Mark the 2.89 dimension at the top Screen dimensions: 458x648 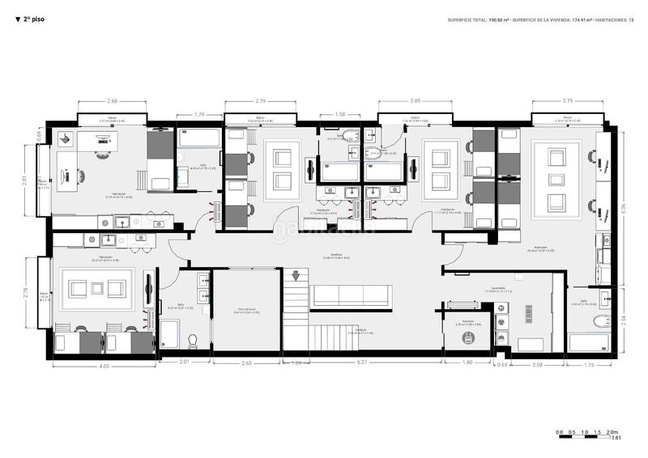(416, 101)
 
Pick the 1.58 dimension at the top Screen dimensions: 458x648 (340, 114)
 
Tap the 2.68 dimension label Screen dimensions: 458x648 (113, 101)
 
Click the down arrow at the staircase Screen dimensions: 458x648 (296, 276)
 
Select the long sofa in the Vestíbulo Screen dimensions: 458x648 (352, 295)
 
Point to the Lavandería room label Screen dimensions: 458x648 (498, 288)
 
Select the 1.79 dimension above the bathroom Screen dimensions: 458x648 (199, 114)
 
